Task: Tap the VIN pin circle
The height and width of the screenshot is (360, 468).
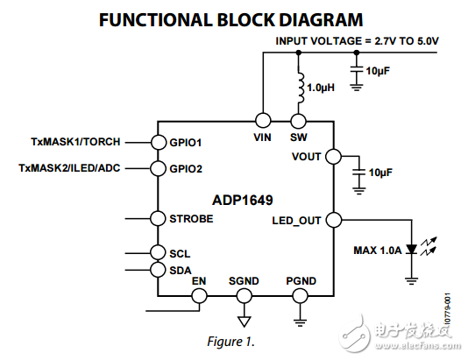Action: [x=261, y=121]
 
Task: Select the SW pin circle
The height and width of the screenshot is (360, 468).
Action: [x=298, y=121]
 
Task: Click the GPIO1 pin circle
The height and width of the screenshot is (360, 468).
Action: [x=158, y=142]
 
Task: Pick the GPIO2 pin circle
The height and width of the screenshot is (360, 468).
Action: [x=158, y=167]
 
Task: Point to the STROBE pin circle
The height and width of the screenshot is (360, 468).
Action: [x=158, y=219]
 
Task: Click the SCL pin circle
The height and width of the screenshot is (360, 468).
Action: [x=158, y=253]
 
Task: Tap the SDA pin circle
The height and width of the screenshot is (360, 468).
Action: [x=158, y=270]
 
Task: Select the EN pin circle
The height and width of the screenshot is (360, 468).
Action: [x=199, y=296]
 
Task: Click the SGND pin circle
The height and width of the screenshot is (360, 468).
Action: [x=245, y=296]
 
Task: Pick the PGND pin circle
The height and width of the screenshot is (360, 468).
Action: [x=300, y=296]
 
